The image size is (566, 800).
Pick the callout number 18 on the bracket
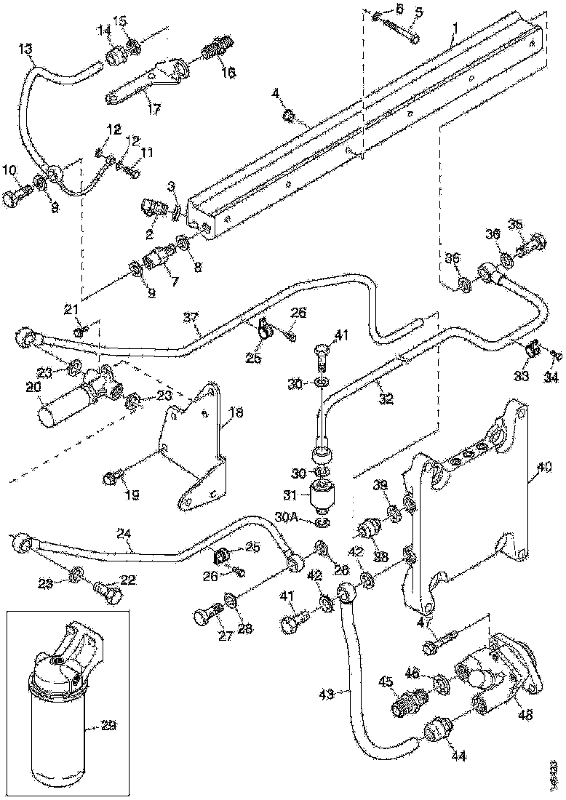[x=234, y=413]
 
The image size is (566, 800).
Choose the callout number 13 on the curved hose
[x=25, y=49]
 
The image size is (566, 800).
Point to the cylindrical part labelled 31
[x=322, y=497]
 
